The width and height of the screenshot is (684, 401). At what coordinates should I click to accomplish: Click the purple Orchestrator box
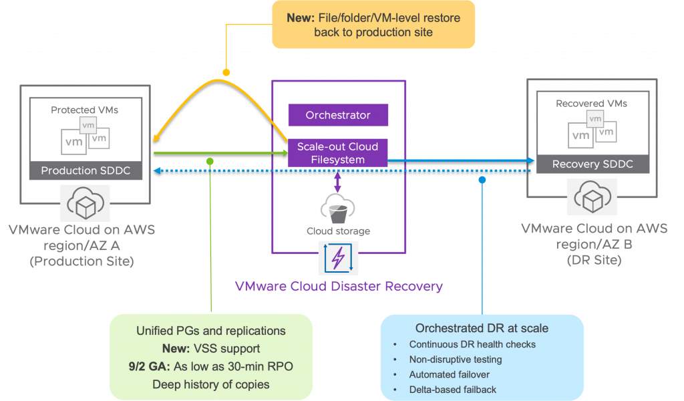point(337,115)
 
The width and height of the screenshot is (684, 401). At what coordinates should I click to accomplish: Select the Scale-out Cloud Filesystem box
point(337,153)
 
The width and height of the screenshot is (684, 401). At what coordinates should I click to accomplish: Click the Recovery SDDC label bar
point(593,164)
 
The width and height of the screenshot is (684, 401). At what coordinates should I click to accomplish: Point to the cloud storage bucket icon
point(337,211)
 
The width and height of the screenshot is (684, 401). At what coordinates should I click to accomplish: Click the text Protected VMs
point(84,110)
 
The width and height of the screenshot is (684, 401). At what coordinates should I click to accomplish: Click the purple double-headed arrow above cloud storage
point(337,181)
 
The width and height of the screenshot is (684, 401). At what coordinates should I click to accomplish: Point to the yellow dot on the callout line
point(226,72)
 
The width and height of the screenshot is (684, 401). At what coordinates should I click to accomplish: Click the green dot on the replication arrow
point(210,161)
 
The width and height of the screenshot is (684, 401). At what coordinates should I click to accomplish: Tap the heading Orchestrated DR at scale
point(482,328)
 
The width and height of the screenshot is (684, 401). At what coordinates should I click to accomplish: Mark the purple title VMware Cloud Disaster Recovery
point(339,287)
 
